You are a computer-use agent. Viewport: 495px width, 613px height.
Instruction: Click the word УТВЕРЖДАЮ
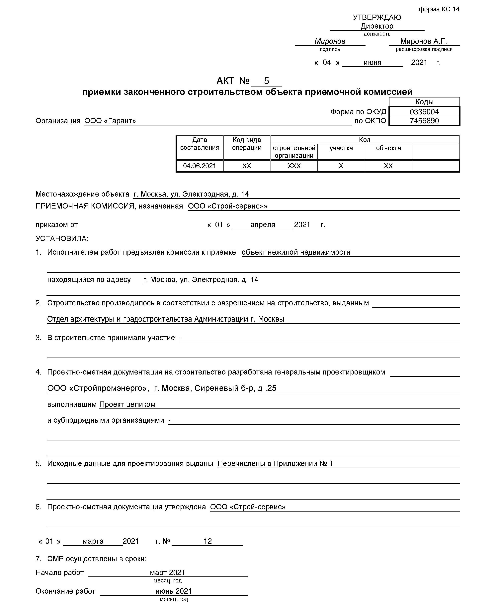(377, 17)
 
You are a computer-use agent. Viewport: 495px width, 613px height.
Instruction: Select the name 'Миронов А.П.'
(424, 41)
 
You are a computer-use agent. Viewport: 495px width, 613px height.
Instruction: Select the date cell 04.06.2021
(199, 166)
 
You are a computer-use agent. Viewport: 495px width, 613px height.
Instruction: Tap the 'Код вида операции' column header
(247, 144)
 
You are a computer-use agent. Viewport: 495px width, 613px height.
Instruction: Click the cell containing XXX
(294, 166)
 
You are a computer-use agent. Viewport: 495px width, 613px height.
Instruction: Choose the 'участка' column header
(341, 148)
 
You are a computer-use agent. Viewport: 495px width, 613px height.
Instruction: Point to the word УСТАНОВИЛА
(62, 238)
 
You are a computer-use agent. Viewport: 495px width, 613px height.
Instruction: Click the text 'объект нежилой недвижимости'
(296, 252)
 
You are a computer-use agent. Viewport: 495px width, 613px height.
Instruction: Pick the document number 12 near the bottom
(207, 541)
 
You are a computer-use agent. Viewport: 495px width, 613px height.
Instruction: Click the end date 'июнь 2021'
(173, 591)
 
